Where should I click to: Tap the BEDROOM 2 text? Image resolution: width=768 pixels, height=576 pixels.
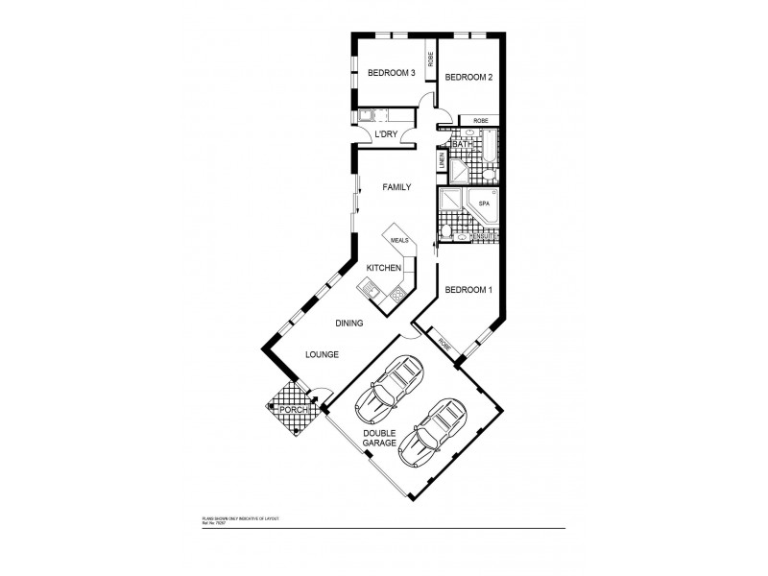(x=468, y=78)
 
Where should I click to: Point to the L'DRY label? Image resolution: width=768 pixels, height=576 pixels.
(x=386, y=134)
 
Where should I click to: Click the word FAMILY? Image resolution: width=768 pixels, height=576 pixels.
(x=396, y=188)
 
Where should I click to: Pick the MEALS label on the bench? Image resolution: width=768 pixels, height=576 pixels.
(x=399, y=241)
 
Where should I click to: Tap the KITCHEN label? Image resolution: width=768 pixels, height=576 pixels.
(x=384, y=268)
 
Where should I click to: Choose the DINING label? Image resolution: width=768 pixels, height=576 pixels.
(x=348, y=324)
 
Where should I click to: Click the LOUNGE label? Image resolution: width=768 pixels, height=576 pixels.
(x=322, y=354)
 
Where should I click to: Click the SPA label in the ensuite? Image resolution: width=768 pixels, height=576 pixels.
(x=484, y=204)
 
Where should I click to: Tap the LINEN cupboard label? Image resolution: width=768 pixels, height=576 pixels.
(x=442, y=161)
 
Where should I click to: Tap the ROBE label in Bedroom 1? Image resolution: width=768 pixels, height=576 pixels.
(x=444, y=343)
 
